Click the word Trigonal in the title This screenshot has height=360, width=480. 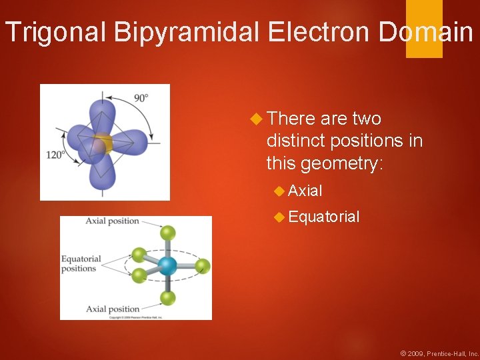[x=46, y=32]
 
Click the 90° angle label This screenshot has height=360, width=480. [x=141, y=97]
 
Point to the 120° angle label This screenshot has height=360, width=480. [x=55, y=154]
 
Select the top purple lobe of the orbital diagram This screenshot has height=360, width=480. [x=101, y=110]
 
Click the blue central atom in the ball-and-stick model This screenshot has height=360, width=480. [x=167, y=266]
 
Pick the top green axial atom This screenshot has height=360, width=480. [x=168, y=233]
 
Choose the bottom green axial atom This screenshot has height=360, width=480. [x=168, y=298]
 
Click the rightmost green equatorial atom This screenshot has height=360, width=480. [x=203, y=266]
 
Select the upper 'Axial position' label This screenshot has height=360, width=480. [x=112, y=221]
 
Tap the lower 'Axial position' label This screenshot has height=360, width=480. [x=112, y=309]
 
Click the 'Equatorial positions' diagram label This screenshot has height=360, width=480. [x=81, y=264]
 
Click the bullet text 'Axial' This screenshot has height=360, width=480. [x=306, y=191]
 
